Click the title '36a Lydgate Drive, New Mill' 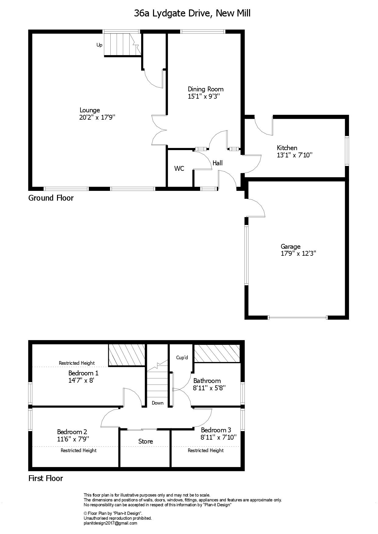(x=192, y=13)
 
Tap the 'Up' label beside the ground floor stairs (x=99, y=45)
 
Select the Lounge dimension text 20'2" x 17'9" (x=97, y=117)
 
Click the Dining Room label (x=205, y=89)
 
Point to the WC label (x=179, y=168)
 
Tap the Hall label (x=218, y=163)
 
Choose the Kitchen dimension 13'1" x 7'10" (x=295, y=155)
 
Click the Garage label (x=291, y=247)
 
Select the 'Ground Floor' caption (x=51, y=198)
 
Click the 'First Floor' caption (x=46, y=478)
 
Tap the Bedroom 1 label (x=83, y=373)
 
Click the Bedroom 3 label (x=216, y=430)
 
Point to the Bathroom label (x=207, y=381)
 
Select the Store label (x=145, y=441)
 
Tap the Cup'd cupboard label (x=182, y=358)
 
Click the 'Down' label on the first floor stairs (x=158, y=403)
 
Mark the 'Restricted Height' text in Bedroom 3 (x=206, y=451)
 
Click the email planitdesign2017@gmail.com (x=110, y=523)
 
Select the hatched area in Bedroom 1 (x=127, y=355)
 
